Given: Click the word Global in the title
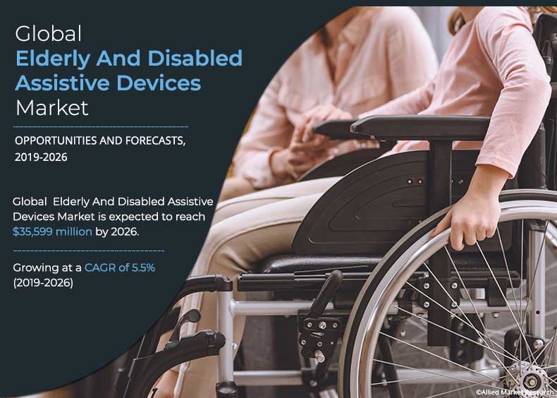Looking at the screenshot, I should (49, 33).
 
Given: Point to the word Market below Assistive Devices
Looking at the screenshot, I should (51, 108).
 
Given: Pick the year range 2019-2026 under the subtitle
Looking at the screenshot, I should (41, 157).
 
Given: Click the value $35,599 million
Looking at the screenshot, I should (52, 231).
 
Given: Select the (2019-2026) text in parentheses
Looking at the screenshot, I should (43, 282).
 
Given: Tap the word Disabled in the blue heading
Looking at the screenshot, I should (198, 58).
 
